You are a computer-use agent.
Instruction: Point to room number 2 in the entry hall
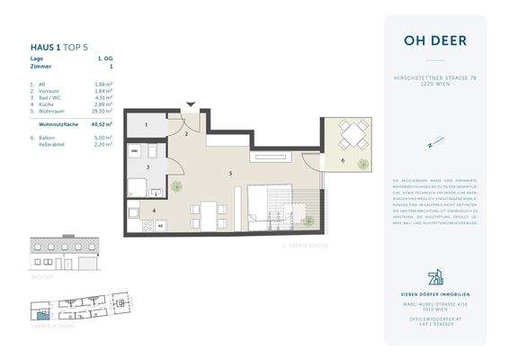coord(185,133)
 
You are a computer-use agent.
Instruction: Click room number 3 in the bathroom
coord(147,167)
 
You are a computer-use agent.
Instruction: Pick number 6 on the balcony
coord(342,161)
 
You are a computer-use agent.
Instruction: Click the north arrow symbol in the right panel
coord(434,142)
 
